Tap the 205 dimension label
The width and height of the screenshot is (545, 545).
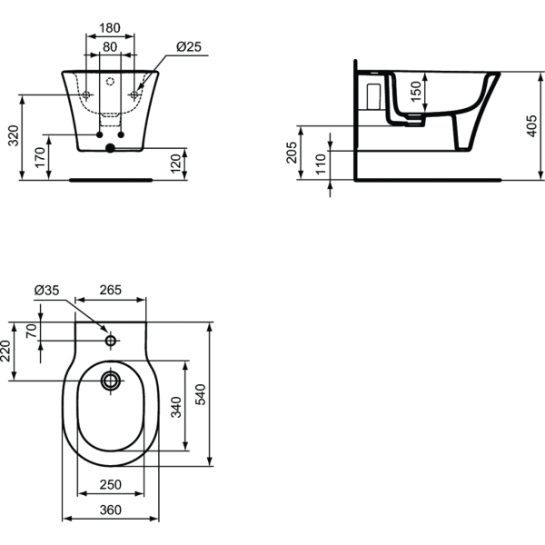point(292,151)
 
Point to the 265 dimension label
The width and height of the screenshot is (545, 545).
point(111,291)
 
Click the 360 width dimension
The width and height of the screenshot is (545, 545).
point(110,510)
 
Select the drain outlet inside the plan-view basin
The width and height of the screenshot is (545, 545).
point(112,380)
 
